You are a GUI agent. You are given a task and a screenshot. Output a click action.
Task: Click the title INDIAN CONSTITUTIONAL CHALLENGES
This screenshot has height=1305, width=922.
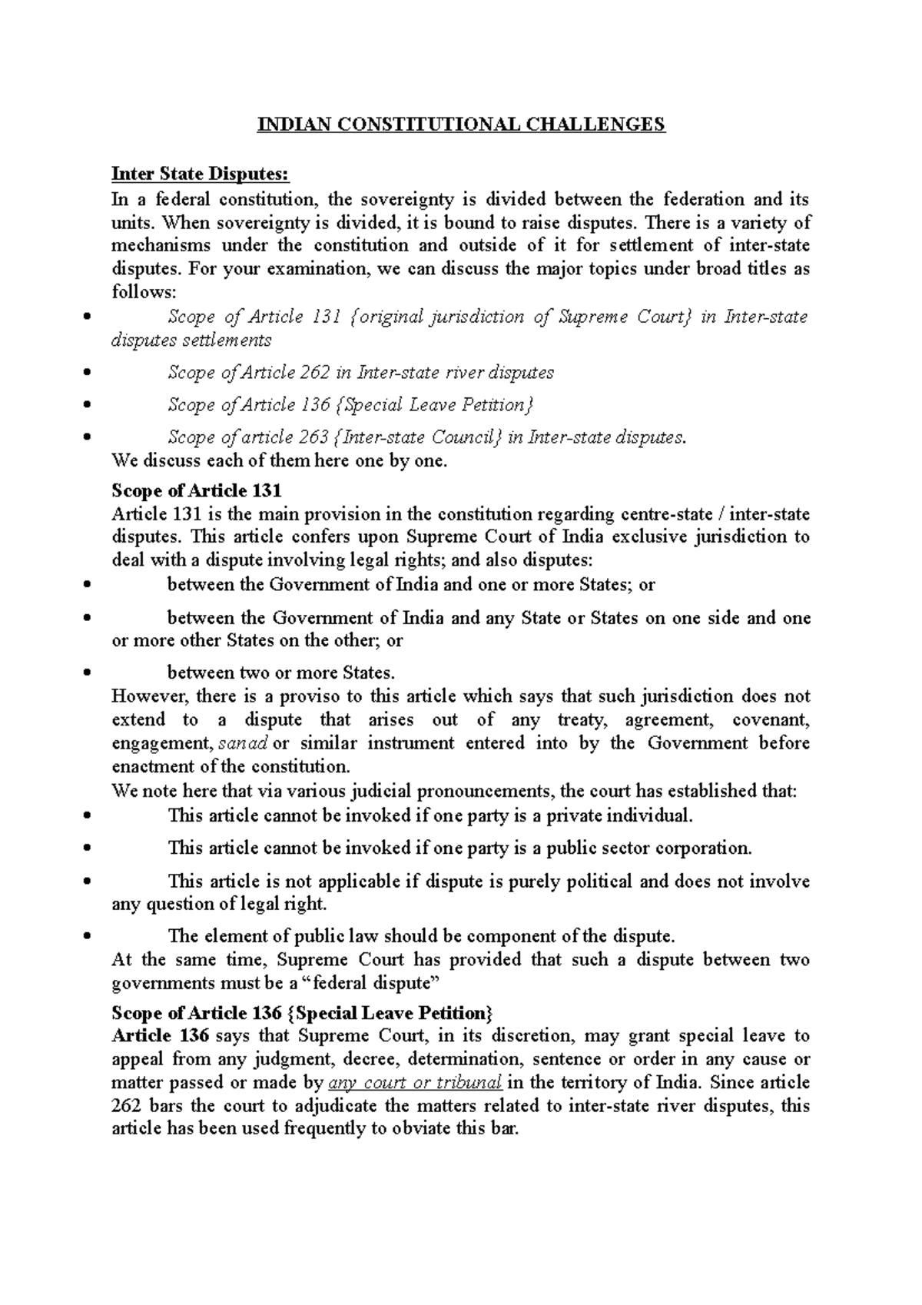click(x=460, y=125)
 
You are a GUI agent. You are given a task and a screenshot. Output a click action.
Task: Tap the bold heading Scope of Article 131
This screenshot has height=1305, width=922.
click(x=197, y=490)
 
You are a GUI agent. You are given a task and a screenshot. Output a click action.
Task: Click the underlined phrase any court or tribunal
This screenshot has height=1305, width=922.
click(x=415, y=1083)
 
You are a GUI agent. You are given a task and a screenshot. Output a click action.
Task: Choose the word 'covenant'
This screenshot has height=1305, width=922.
click(x=771, y=720)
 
